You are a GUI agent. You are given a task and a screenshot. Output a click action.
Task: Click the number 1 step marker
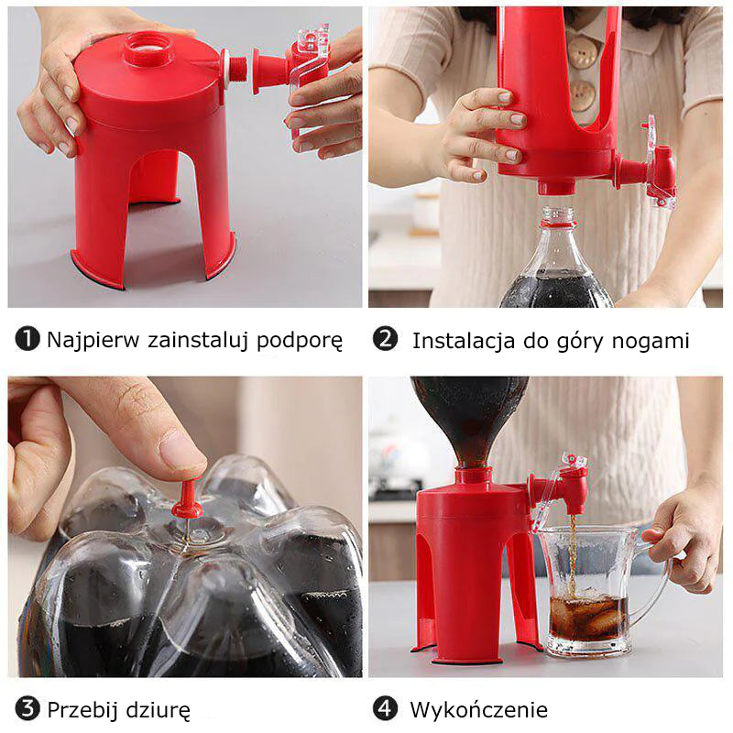click(x=27, y=338)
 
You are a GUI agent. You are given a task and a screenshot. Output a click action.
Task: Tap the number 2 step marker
click(x=385, y=338)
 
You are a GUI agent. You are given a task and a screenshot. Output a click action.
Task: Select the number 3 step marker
click(x=27, y=708)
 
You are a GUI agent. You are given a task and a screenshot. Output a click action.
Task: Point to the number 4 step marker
click(x=385, y=708)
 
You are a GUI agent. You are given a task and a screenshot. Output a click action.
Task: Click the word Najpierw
click(x=93, y=340)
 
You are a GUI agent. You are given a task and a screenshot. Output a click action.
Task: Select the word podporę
click(x=300, y=341)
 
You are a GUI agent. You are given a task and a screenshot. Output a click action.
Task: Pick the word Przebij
click(x=82, y=709)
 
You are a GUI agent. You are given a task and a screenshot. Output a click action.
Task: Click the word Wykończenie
click(x=478, y=709)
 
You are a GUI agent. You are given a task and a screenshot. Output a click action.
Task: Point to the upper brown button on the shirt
click(x=581, y=52)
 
